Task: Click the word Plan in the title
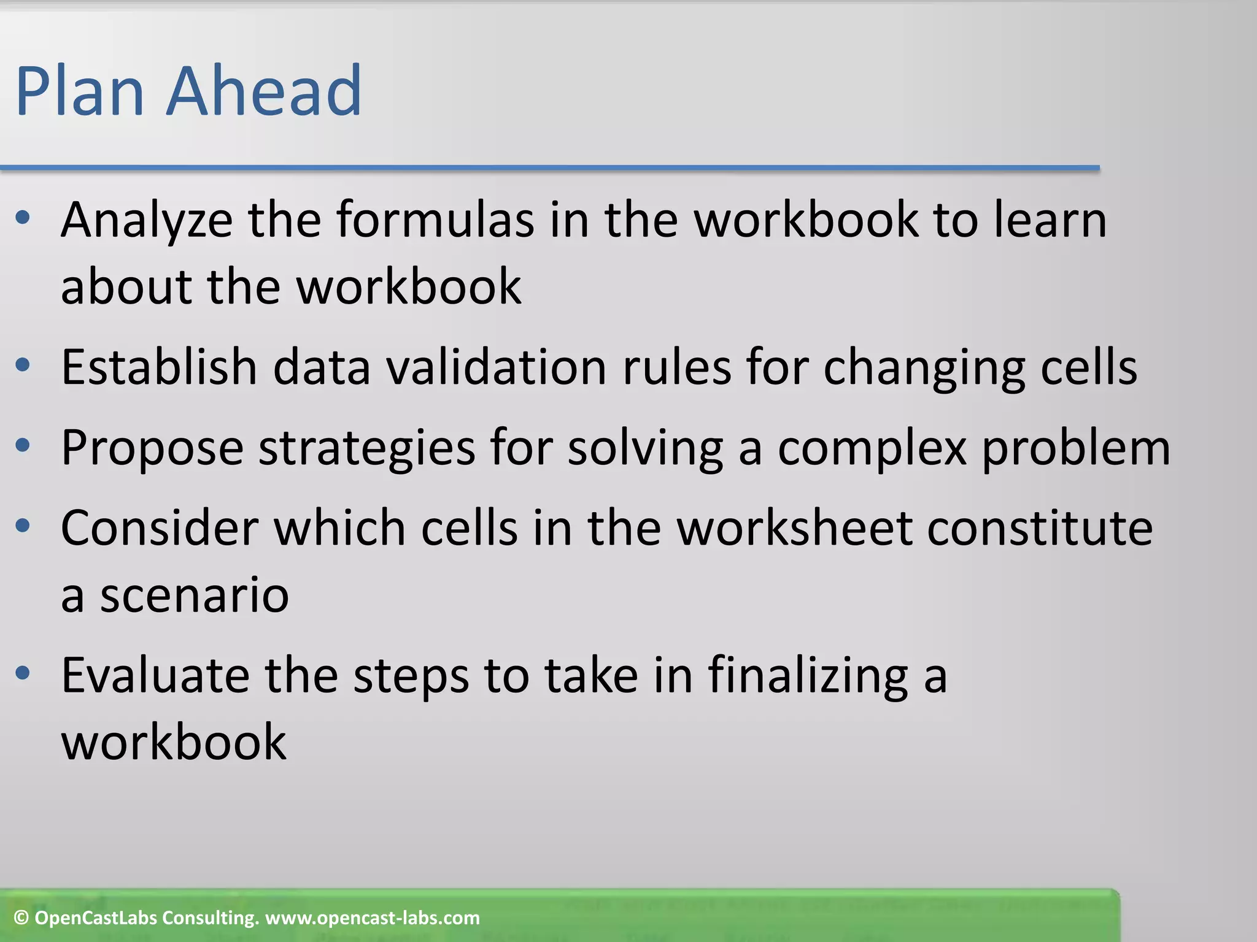point(79,92)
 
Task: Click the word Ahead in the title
point(264,92)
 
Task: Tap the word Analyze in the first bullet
point(146,221)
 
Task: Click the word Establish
point(158,368)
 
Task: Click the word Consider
point(159,529)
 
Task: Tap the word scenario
point(194,597)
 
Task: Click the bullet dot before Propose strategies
point(23,445)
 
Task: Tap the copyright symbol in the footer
point(21,918)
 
